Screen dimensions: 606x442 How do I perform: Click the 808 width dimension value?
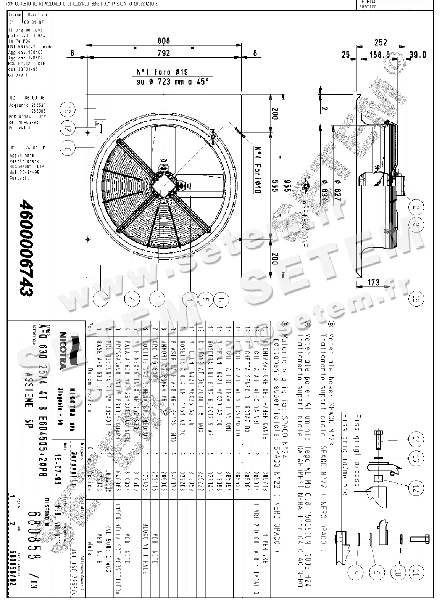point(163,40)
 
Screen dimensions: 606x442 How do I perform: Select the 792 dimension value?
point(163,53)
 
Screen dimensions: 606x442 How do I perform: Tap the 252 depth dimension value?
point(381,42)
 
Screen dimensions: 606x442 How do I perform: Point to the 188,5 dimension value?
point(379,55)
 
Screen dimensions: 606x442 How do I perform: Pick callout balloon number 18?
point(68,111)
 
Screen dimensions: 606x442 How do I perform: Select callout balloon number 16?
point(68,148)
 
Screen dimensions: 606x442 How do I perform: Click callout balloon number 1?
point(100,299)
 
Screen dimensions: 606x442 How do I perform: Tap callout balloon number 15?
point(156,299)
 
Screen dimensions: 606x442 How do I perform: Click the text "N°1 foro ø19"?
point(162,72)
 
